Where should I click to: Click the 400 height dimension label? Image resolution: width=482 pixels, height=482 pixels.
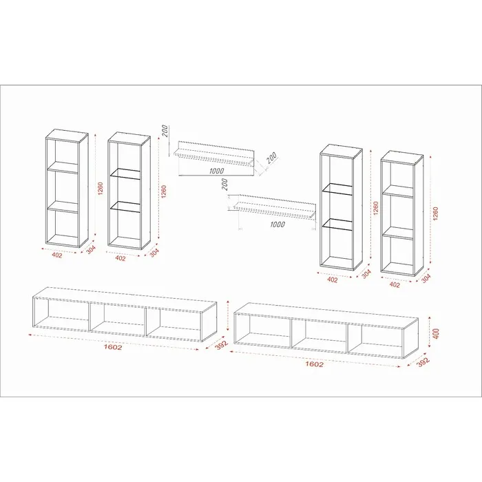pos(436,333)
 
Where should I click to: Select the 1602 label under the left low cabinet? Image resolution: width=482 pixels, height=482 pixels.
pos(113,347)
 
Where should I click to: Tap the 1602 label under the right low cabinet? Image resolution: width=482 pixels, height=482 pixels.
pos(314,364)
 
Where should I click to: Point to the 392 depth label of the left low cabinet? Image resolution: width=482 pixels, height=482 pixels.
pos(221,344)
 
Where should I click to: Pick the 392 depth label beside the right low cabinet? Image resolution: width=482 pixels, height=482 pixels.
pos(423,363)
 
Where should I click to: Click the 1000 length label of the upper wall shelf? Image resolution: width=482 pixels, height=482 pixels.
pos(216,171)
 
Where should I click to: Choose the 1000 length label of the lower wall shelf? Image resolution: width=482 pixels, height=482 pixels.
pos(277,224)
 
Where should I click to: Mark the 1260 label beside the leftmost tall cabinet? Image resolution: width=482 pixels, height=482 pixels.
pos(101,188)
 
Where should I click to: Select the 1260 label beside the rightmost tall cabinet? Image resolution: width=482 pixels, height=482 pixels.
pos(435,213)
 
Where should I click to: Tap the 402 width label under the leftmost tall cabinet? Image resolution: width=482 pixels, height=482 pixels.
pos(57,255)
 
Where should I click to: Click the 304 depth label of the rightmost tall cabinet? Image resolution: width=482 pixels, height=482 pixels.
pos(426,278)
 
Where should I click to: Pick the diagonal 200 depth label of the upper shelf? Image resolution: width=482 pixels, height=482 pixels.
pos(271,158)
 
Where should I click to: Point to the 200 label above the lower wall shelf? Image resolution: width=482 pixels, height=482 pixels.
pos(224,185)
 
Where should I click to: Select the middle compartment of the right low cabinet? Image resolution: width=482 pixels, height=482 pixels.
pos(319,333)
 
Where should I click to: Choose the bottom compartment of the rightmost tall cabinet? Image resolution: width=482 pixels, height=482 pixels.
pos(398,255)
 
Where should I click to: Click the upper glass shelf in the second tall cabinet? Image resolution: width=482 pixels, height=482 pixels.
pos(125,174)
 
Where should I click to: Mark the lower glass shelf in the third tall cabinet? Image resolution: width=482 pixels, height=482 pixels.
pos(337,224)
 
